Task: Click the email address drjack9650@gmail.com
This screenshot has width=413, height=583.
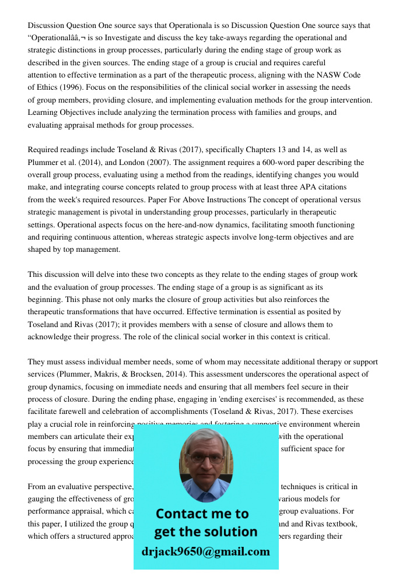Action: pyautogui.click(x=205, y=552)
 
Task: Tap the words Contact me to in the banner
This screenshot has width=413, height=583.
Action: pyautogui.click(x=202, y=514)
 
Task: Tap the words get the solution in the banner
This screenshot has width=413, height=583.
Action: pyautogui.click(x=205, y=532)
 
